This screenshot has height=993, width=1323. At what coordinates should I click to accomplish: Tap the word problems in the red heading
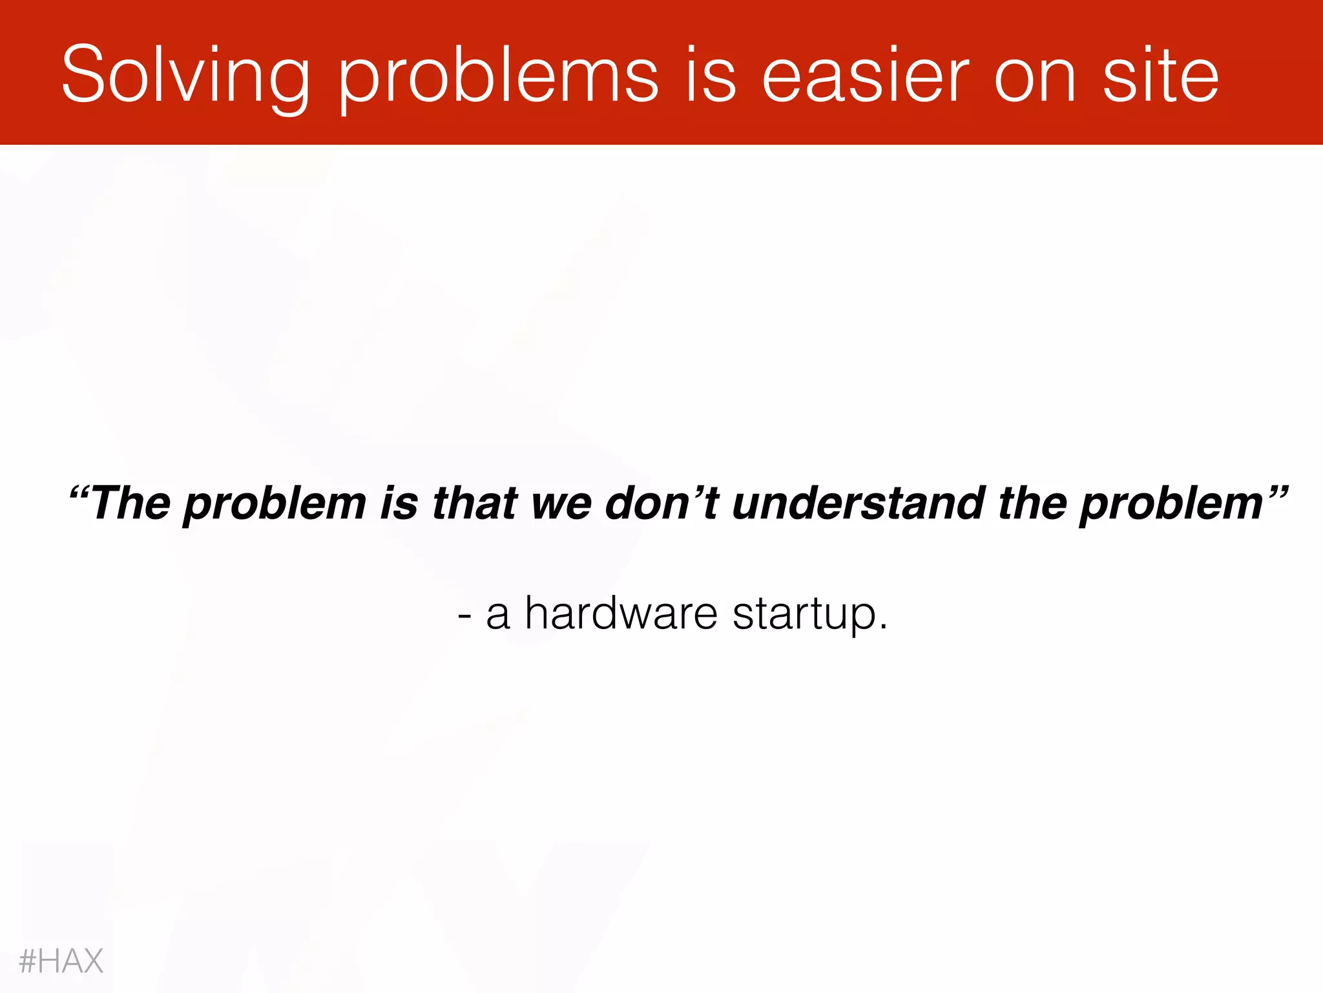click(498, 76)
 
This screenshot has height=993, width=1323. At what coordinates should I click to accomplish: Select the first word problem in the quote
click(275, 504)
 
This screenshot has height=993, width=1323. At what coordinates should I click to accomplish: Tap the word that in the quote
click(475, 503)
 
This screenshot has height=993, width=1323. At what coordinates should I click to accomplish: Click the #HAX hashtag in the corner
click(61, 961)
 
